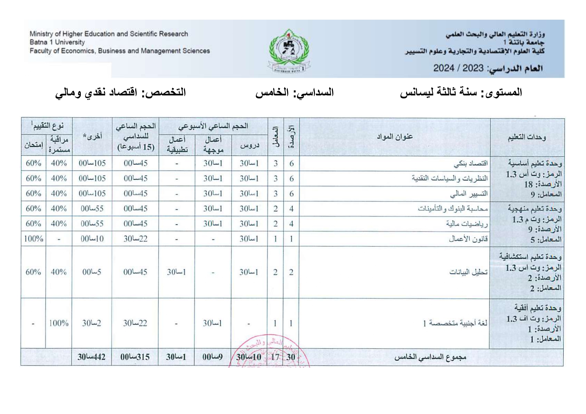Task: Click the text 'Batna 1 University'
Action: (x=57, y=42)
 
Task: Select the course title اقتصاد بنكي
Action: (x=470, y=164)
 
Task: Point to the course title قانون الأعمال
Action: (x=468, y=239)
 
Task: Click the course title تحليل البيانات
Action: (x=468, y=272)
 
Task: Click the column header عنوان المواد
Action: (x=395, y=137)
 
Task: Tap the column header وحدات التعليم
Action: (x=527, y=137)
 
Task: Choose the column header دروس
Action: (x=249, y=145)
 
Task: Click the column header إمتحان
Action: (x=33, y=145)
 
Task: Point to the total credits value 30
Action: (x=291, y=357)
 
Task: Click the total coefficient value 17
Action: (x=275, y=357)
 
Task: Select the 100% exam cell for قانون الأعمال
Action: (x=33, y=239)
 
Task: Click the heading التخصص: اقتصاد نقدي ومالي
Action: (x=121, y=92)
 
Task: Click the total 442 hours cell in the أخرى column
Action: (x=91, y=357)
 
